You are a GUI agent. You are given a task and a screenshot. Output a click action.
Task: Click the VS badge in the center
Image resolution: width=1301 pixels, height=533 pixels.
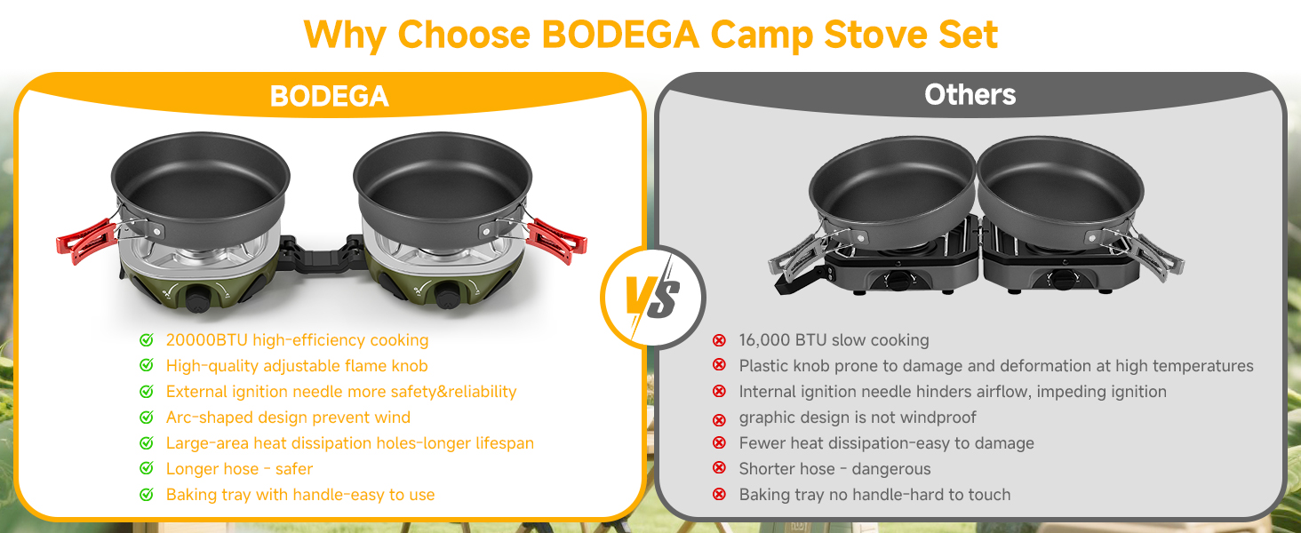(651, 297)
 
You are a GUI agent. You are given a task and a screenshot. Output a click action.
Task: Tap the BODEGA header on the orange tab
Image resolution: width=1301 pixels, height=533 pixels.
(329, 96)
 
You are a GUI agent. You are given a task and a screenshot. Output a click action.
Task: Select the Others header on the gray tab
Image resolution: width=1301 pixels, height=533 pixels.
(970, 94)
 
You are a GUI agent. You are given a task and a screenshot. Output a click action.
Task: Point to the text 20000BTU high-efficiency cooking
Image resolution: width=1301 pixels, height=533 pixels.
(297, 340)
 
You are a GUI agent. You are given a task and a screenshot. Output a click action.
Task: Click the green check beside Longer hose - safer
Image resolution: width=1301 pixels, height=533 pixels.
(147, 469)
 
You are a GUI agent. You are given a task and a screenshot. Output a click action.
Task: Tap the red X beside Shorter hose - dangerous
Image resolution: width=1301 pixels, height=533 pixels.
(720, 469)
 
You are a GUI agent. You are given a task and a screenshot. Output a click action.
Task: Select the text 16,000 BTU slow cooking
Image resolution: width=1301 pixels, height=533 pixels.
(834, 340)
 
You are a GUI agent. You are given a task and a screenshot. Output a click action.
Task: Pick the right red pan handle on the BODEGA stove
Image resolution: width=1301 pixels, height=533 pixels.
(557, 240)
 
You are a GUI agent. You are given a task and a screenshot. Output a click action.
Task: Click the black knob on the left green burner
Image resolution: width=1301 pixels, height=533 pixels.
(197, 299)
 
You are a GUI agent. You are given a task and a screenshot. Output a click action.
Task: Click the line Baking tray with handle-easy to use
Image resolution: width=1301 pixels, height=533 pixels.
(300, 495)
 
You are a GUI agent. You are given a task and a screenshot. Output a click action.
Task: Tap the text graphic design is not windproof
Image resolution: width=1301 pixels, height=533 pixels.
(857, 418)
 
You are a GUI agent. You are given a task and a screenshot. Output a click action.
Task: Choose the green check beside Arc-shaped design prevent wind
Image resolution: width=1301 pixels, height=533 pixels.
(147, 418)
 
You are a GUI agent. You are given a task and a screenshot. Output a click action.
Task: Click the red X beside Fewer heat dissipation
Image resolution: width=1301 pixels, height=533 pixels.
(720, 443)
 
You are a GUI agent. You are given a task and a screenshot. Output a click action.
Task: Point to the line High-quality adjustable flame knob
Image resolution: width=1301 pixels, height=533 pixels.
(297, 366)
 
